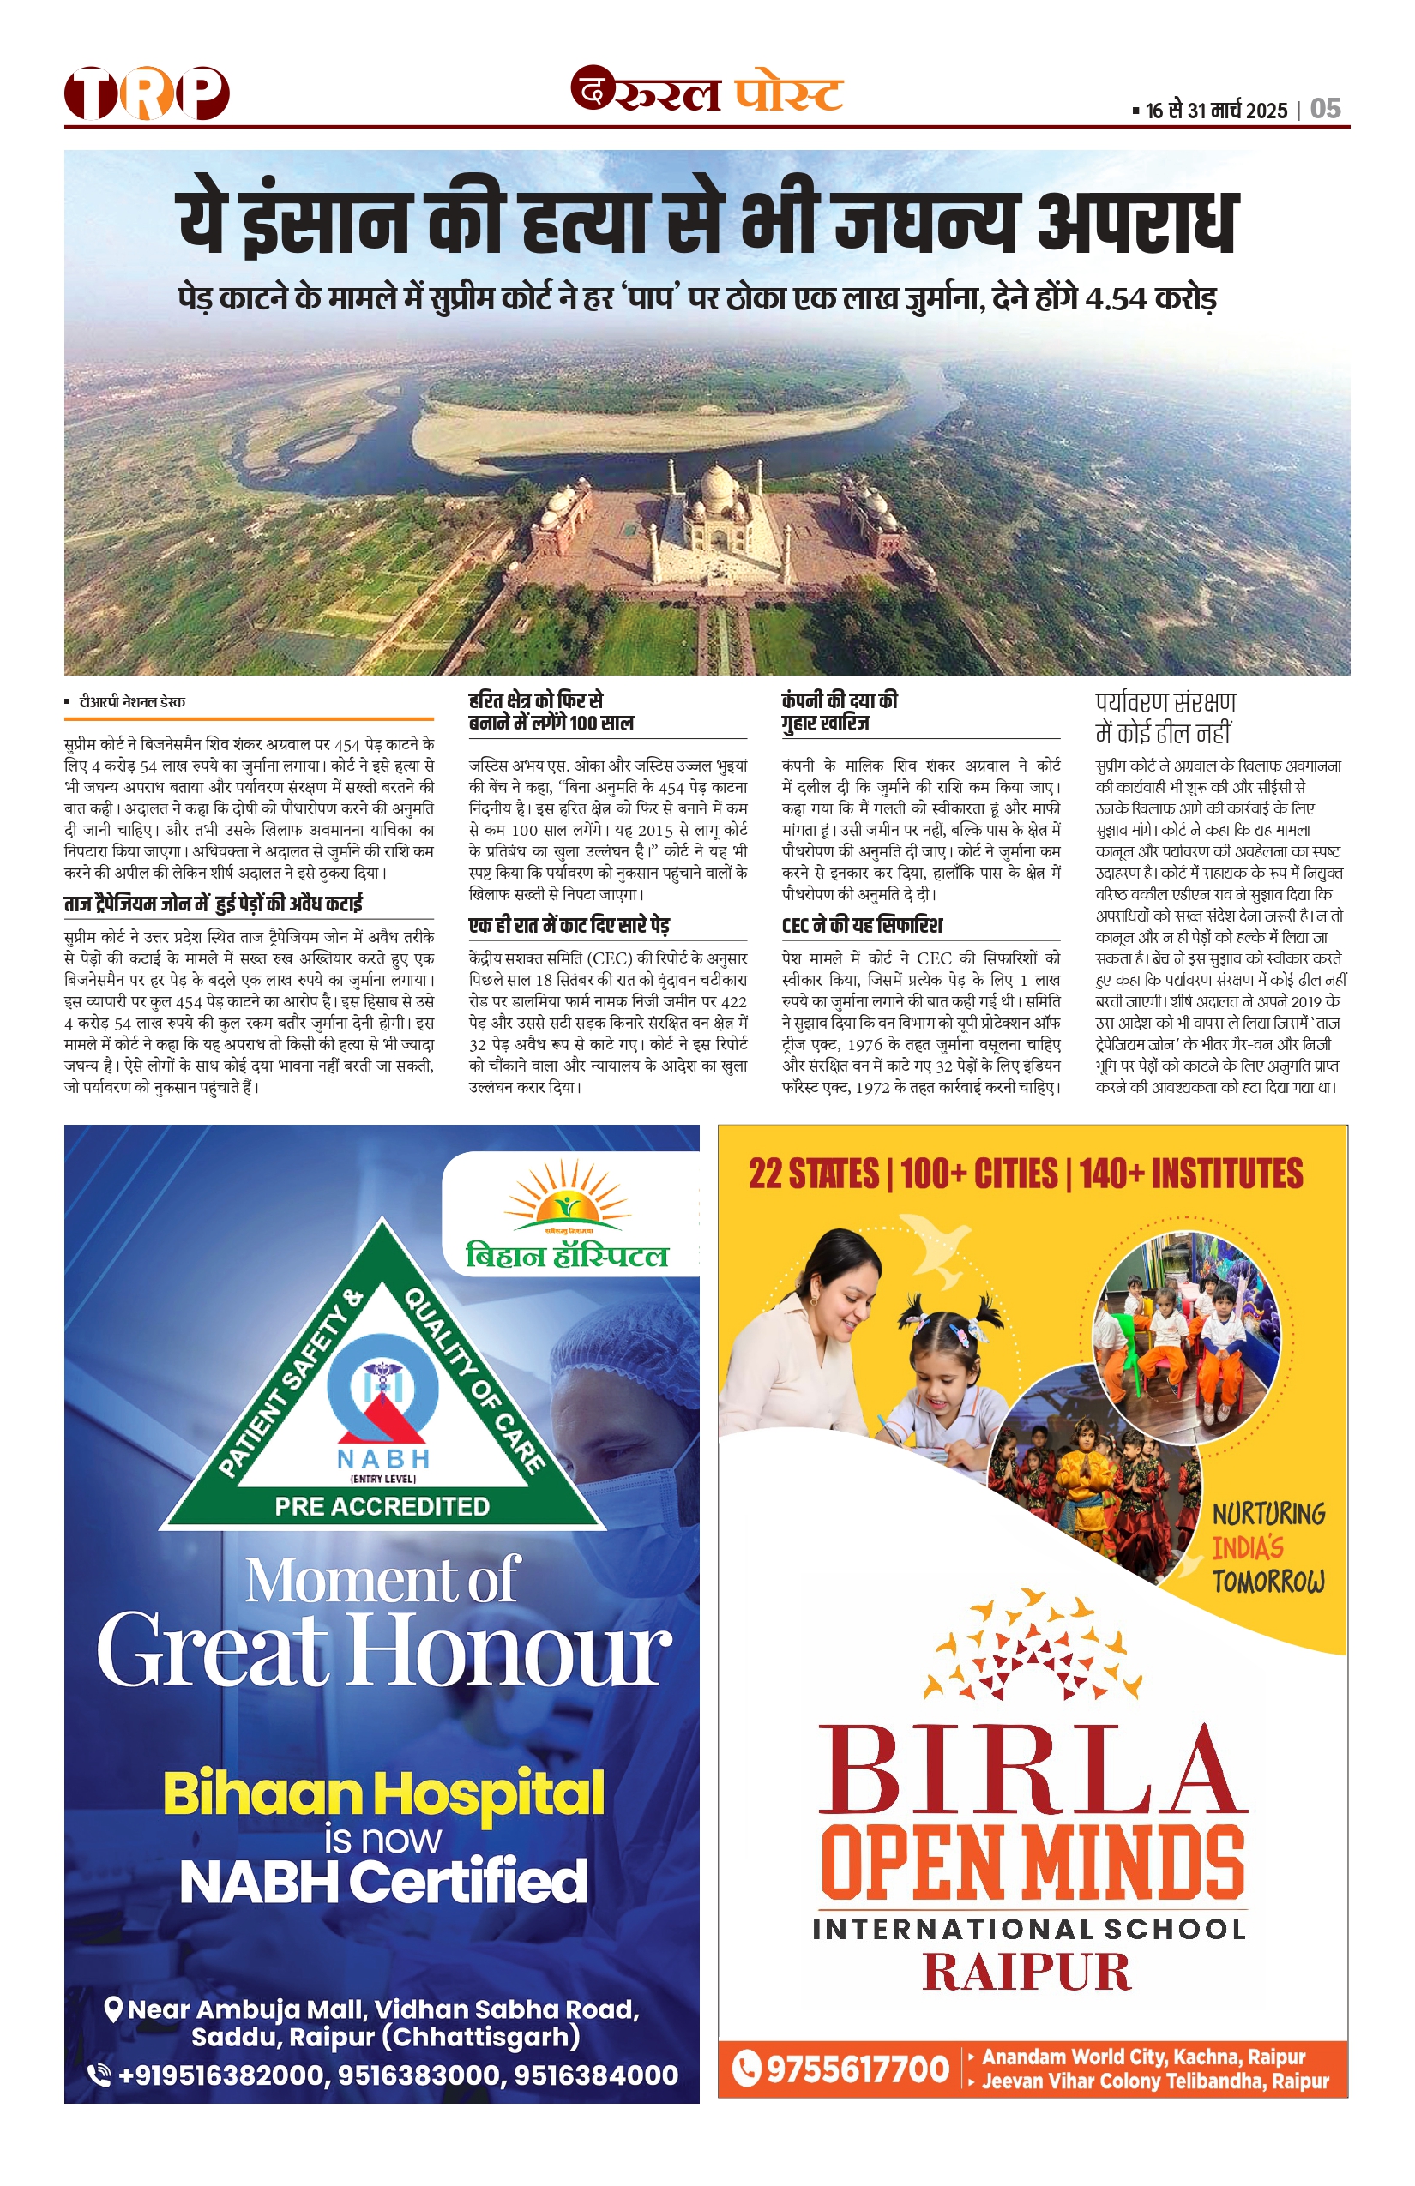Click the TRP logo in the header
point(146,93)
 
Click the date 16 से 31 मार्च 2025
point(1217,111)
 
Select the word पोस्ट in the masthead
point(788,93)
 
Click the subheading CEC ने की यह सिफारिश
point(862,925)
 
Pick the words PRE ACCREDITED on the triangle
point(382,1506)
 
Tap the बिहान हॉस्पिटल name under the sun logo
point(567,1256)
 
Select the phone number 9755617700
point(857,2070)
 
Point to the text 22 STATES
point(813,1174)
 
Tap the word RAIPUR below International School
point(1027,1972)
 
